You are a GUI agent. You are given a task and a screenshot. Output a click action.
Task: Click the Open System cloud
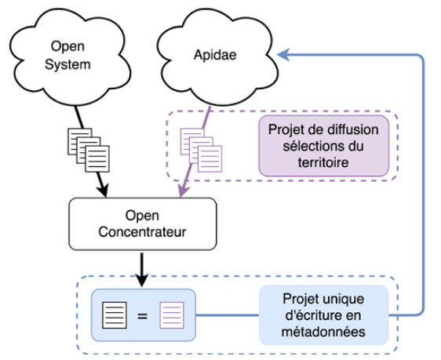coord(71,56)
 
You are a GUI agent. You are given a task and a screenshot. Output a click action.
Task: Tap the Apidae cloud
coord(217,56)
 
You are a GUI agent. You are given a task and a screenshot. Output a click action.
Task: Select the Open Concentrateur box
coord(143,224)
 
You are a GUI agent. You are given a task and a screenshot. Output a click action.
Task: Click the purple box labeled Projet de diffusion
coord(324,146)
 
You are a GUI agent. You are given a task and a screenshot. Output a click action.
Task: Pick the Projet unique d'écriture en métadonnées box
coord(323,315)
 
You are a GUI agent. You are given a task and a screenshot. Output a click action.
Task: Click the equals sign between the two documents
coord(142,316)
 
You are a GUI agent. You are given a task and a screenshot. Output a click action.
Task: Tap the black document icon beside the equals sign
coord(115,315)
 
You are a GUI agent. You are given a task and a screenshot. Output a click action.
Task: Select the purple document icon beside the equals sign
coord(172,315)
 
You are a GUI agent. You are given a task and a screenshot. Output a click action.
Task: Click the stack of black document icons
coord(89,150)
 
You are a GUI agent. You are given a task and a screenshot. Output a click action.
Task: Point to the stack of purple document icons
coord(201,150)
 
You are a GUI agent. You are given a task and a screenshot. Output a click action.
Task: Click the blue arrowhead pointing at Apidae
coord(283,55)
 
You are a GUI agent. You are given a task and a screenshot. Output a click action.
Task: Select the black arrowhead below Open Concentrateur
coord(142,280)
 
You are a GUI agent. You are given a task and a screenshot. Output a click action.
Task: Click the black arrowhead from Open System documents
coord(104,191)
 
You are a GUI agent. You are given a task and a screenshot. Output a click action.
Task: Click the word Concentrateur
coord(142,232)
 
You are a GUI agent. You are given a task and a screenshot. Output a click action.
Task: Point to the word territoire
coord(323,162)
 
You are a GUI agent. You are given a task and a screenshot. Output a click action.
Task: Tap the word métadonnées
coord(323,332)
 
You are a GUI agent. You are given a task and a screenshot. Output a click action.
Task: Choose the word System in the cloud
coord(67,65)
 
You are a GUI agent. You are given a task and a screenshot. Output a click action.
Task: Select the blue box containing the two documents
coord(144,315)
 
